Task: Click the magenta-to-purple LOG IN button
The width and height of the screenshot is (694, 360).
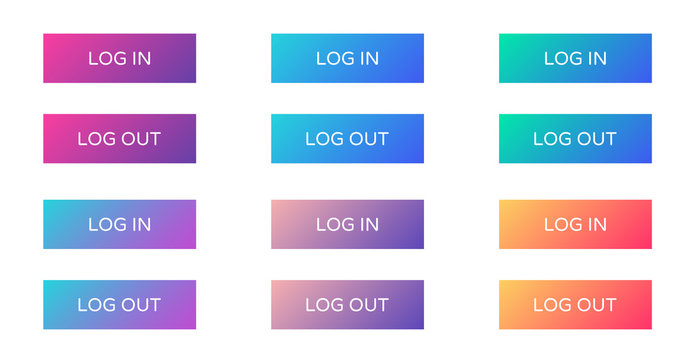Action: click(119, 58)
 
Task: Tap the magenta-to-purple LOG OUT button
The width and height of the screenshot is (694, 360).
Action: click(119, 138)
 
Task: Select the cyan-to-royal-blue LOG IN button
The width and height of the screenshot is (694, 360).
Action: click(347, 58)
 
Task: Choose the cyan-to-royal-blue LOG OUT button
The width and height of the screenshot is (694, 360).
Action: click(347, 138)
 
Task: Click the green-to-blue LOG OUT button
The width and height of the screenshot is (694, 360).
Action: click(575, 138)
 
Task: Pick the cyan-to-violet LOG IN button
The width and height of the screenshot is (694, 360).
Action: click(119, 224)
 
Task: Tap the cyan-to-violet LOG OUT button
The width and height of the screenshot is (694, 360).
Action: click(119, 304)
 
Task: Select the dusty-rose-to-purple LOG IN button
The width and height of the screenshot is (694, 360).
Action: click(347, 224)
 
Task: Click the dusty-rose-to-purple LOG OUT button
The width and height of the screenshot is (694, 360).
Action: click(347, 304)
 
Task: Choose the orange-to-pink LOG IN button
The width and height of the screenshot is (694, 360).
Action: click(575, 224)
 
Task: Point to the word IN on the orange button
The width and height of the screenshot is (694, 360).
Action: click(595, 225)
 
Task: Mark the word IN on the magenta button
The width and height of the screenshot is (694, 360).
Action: click(139, 59)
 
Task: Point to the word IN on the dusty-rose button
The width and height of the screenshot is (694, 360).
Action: click(367, 225)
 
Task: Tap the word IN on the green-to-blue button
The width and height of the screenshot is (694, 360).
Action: click(595, 59)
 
